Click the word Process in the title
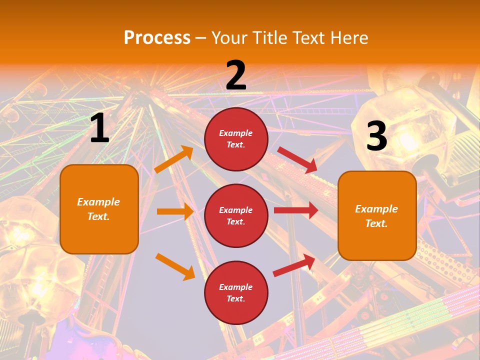[x=157, y=38]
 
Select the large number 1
[x=99, y=129]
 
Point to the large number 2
[x=236, y=75]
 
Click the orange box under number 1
[x=99, y=209]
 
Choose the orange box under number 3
[x=377, y=215]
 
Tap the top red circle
[x=236, y=139]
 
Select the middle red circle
[x=236, y=215]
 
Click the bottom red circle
[x=236, y=292]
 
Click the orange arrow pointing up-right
[x=174, y=159]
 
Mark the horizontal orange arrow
[x=175, y=211]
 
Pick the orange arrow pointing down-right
[x=175, y=266]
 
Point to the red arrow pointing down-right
[x=297, y=160]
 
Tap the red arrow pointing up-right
[x=294, y=265]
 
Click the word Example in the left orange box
[x=98, y=202]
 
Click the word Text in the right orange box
[x=376, y=223]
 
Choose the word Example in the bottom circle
[x=236, y=287]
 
